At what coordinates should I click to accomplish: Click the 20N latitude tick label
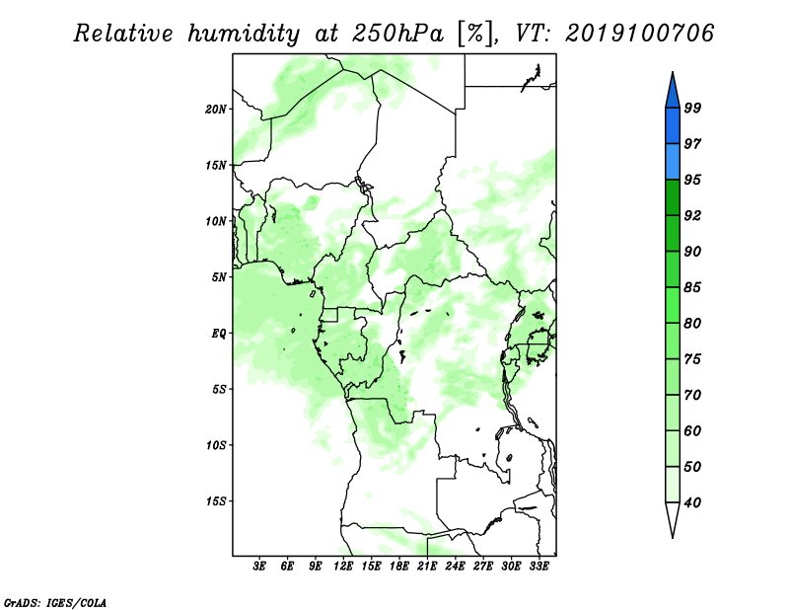coord(216,110)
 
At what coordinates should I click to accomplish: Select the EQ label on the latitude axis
coord(219,334)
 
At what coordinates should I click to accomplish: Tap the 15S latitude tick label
coord(216,501)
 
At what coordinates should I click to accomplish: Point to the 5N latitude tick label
coord(219,277)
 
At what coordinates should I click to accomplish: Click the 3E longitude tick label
coord(259,567)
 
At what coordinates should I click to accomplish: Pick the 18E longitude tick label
coord(399,567)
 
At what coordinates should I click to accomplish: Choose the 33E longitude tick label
coord(538,567)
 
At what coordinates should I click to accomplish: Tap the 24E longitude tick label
coord(455,567)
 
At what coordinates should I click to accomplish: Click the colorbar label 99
coord(692,108)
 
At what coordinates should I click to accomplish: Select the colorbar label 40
coord(692,502)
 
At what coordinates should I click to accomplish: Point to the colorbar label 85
coord(692,287)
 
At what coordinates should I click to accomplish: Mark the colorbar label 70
coord(692,395)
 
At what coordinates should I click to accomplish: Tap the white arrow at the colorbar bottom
coord(673,518)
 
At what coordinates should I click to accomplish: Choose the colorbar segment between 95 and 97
coord(673,162)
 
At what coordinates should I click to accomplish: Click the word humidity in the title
coord(244,34)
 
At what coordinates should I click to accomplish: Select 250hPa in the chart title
coord(397,34)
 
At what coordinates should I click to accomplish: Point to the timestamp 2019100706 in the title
coord(639,34)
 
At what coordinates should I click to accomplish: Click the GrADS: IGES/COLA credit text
coord(55,603)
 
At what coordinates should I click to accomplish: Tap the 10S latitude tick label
coord(216,445)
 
